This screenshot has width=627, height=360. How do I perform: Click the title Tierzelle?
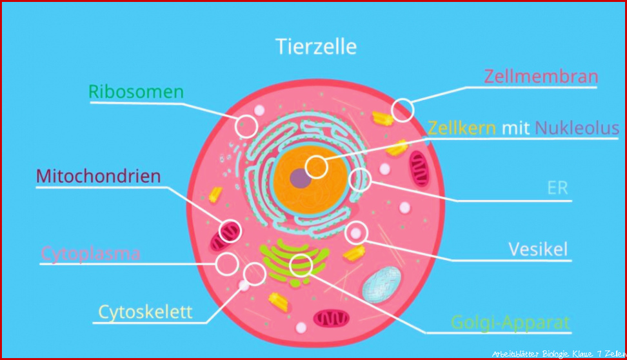(316, 47)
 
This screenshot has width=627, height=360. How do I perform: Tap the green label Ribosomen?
(136, 92)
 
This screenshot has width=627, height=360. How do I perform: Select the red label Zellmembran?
(541, 76)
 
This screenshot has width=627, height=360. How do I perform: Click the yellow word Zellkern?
(462, 128)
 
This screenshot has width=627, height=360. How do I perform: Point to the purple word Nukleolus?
(577, 128)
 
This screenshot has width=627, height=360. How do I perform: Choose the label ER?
(557, 188)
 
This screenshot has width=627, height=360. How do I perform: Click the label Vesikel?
(538, 249)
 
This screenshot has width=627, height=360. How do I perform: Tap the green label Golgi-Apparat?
(510, 323)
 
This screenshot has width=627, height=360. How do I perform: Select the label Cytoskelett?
(146, 312)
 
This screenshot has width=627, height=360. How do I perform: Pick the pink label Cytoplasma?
(91, 254)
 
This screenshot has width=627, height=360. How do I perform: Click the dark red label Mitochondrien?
(98, 176)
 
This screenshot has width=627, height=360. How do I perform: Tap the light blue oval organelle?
(381, 285)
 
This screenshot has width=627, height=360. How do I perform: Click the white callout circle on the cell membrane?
(403, 99)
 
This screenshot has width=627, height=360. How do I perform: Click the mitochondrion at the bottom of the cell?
(331, 319)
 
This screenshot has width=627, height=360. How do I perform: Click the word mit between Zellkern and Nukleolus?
(515, 128)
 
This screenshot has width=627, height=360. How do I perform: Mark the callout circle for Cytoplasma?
(227, 253)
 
